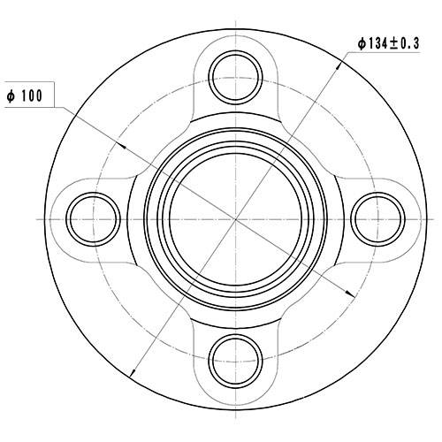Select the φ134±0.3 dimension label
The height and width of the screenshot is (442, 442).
coord(390,42)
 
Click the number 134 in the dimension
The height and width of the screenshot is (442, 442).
coord(378,42)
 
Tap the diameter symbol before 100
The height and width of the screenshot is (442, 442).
coord(11,94)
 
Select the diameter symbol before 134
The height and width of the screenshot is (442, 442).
coord(362,42)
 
